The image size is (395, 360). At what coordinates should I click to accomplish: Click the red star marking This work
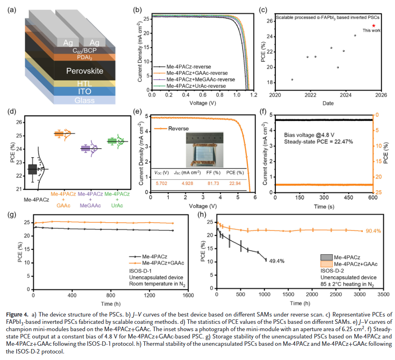click(x=373, y=26)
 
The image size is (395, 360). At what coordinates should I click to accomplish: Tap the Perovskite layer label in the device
click(x=85, y=71)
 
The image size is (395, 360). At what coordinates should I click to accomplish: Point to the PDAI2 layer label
click(x=84, y=58)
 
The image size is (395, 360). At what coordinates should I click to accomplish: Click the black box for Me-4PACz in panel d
click(x=32, y=168)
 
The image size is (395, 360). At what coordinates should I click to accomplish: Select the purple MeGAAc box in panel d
click(x=85, y=148)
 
